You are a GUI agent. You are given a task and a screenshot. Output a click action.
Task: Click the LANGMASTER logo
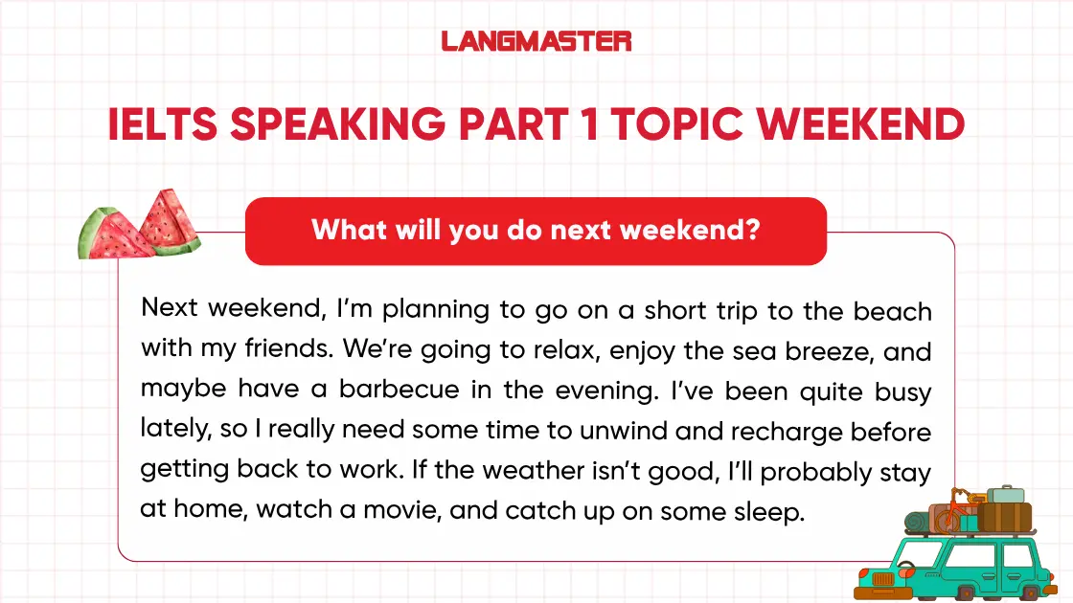[536, 41]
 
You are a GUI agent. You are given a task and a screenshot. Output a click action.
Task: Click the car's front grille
[877, 578]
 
